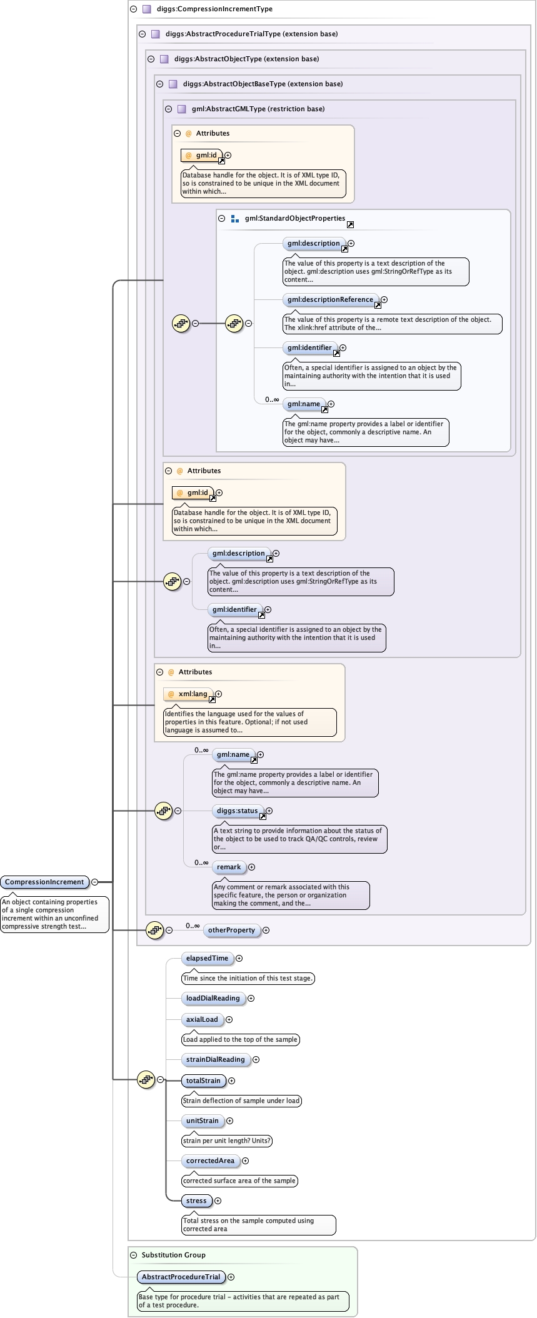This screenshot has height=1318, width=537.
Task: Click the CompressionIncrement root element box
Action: (x=44, y=882)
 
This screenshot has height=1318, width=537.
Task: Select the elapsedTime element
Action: (x=207, y=958)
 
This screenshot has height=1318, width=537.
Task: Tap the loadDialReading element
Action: (x=213, y=998)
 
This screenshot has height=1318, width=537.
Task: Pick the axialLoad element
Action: (x=202, y=1019)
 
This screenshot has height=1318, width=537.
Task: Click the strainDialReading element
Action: (x=215, y=1059)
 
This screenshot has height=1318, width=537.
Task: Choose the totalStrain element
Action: (x=203, y=1081)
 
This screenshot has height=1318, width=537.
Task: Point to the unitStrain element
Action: (x=202, y=1121)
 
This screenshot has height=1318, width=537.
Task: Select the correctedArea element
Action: (x=210, y=1161)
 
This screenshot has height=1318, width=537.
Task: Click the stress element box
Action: (x=196, y=1201)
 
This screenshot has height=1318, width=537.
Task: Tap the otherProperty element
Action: (x=231, y=930)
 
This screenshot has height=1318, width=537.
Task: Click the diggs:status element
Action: (x=237, y=811)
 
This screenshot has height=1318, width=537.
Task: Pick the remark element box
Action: (x=229, y=867)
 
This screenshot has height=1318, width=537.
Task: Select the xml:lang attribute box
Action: (x=189, y=694)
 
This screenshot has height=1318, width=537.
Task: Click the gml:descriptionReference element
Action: (x=330, y=299)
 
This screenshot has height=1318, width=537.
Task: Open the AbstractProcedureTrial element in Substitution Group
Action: (x=181, y=1277)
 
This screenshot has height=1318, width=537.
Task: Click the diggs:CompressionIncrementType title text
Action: (x=214, y=9)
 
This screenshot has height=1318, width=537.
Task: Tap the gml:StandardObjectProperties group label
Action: (x=294, y=218)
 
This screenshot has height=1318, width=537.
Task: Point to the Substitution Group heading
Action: (x=173, y=1255)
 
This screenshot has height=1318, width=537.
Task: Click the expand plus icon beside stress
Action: (x=218, y=1201)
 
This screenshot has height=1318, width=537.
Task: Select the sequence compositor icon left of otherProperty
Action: (x=154, y=930)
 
